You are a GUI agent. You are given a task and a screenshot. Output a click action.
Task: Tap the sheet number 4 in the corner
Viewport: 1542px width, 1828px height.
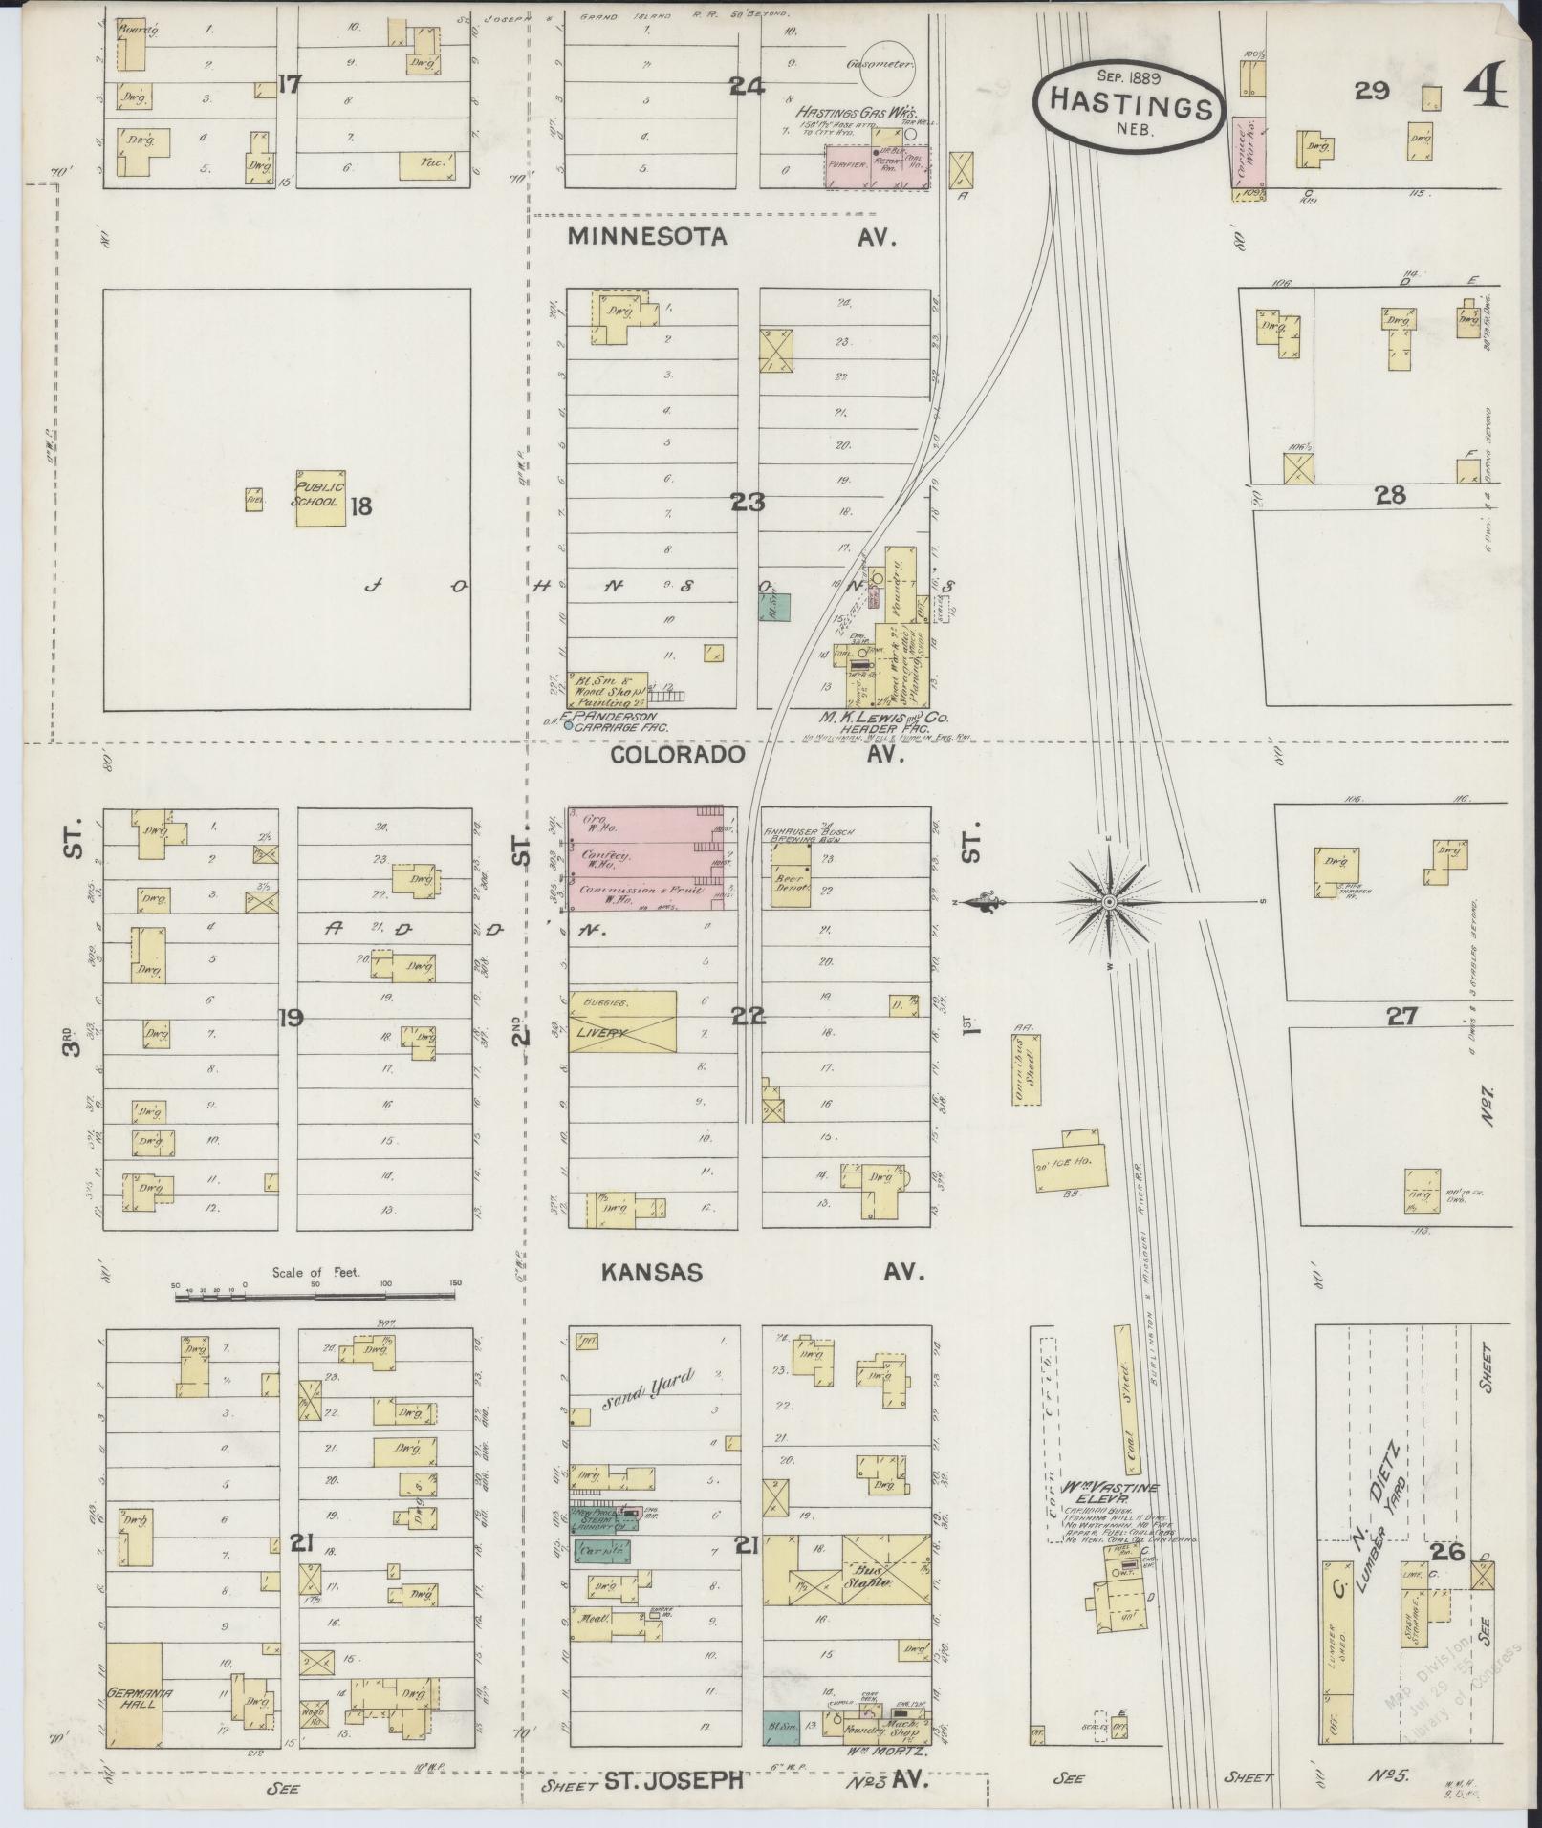point(1484,89)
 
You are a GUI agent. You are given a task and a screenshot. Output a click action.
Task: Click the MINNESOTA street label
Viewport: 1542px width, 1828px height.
point(647,238)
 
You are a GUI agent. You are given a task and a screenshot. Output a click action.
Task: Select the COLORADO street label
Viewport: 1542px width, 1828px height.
point(678,755)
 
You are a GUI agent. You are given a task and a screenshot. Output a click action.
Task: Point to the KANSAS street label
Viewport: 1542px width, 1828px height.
point(652,1273)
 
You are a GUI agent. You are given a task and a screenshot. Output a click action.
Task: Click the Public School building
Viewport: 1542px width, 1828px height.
point(319,498)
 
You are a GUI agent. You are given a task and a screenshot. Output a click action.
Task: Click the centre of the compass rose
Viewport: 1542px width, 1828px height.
point(1109,902)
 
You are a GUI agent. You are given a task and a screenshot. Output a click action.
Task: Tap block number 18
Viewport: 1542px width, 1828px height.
point(360,506)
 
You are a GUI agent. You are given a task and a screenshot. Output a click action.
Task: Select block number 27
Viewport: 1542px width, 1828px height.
point(1401,1017)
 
